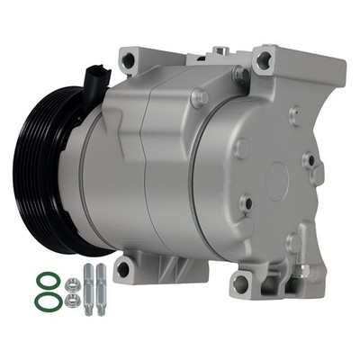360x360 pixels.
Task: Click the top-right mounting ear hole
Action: pyautogui.click(x=263, y=61)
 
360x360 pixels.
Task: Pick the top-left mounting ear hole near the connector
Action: pyautogui.click(x=128, y=60)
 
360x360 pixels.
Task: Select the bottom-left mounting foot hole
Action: pyautogui.click(x=123, y=267)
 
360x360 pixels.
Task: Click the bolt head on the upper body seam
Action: pyautogui.click(x=197, y=96)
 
